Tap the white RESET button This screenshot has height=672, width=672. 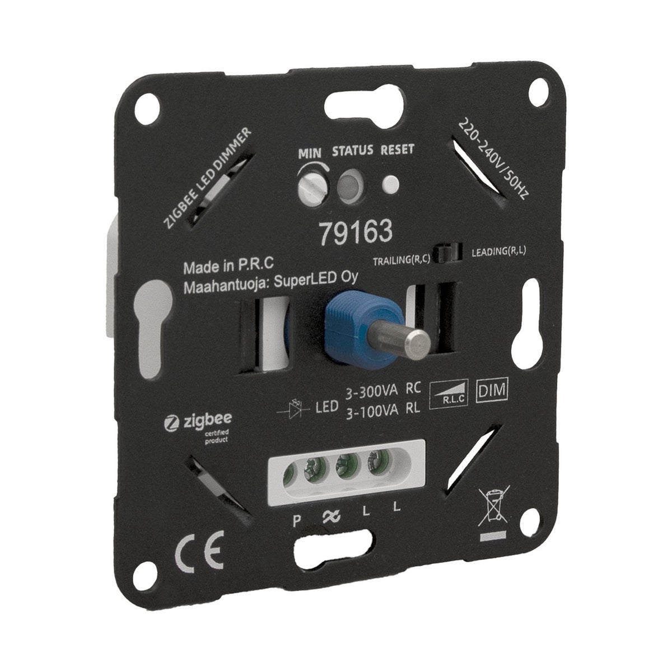390,184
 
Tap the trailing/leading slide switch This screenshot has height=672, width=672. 448,256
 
